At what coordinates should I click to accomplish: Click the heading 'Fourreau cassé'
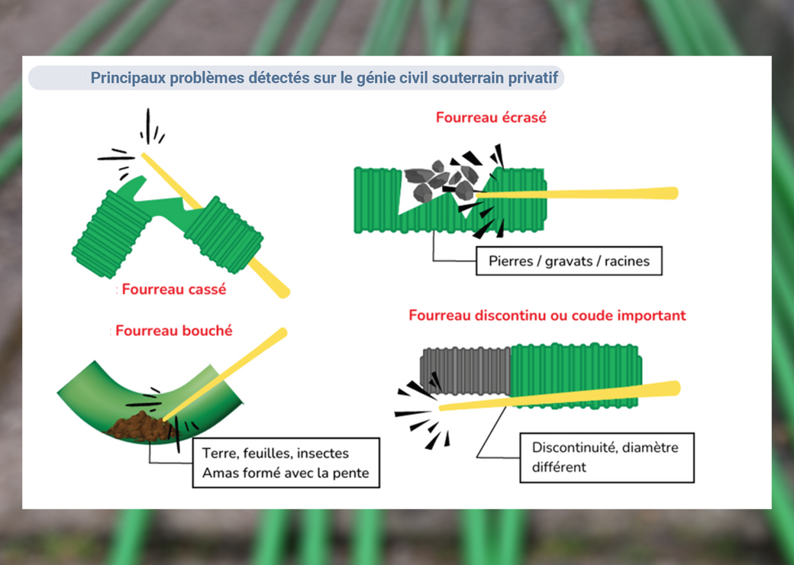(174, 290)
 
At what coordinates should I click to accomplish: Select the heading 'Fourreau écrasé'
(491, 118)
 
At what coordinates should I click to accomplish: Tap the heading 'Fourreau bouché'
(174, 331)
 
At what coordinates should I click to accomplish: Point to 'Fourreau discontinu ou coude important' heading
(547, 315)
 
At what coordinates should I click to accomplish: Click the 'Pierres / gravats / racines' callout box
(569, 261)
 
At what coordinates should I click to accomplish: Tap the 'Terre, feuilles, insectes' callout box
(286, 463)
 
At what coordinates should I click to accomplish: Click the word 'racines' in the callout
(627, 261)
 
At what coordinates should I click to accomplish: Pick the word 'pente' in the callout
(350, 473)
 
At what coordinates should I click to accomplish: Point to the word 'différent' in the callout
(560, 467)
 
